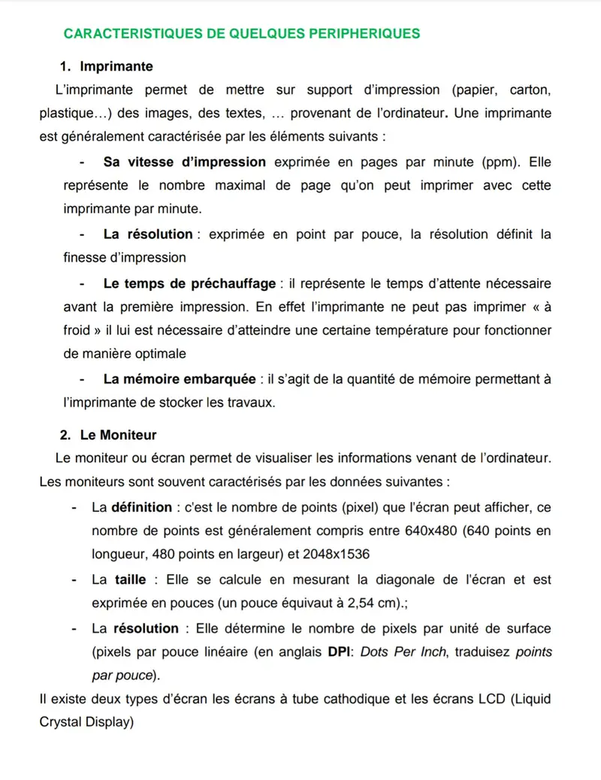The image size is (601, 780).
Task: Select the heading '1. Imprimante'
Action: (106, 67)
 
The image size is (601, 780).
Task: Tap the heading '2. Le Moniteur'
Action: (108, 435)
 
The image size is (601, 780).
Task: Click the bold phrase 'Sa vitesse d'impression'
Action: (184, 162)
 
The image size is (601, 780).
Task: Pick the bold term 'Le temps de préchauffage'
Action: (189, 283)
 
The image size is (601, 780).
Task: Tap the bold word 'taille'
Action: (130, 580)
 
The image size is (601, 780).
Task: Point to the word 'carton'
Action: (530, 90)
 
